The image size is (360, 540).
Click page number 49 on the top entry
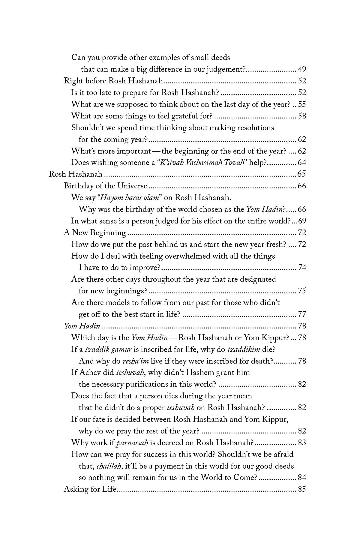point(302,69)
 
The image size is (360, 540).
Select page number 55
point(302,104)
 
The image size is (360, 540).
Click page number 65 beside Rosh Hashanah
point(301,174)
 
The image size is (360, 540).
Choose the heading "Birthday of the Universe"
point(106,186)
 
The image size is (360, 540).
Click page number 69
point(302,221)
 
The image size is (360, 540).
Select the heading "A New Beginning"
point(95,233)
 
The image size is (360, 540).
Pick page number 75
point(302,291)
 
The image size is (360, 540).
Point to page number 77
point(302,314)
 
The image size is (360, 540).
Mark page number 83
point(302,443)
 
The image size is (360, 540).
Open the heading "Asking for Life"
point(90,490)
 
